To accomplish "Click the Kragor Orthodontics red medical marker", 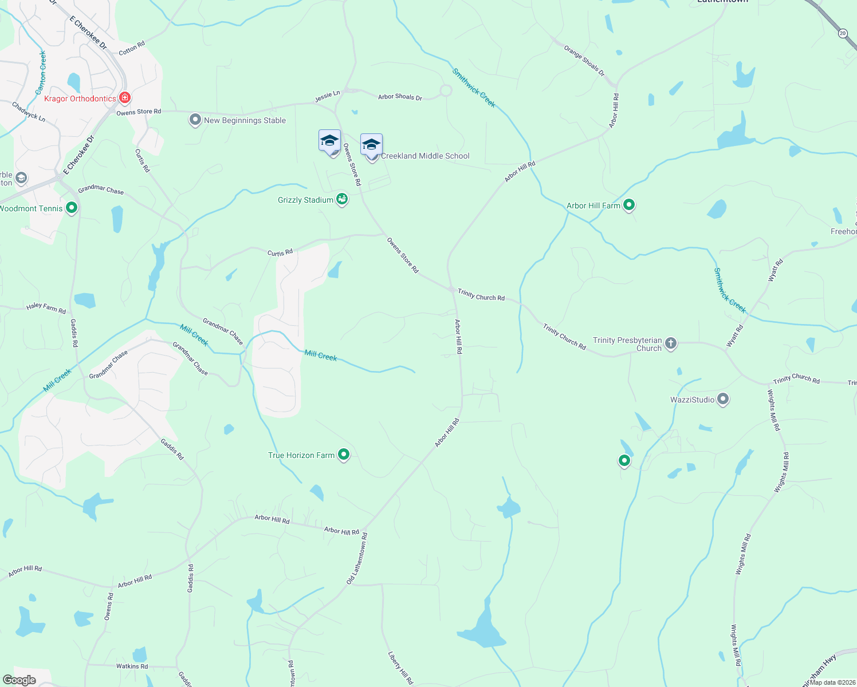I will pyautogui.click(x=124, y=98).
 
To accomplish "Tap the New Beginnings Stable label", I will pyautogui.click(x=245, y=120).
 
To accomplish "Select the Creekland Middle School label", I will pyautogui.click(x=425, y=156).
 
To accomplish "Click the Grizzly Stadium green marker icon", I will pyautogui.click(x=342, y=199).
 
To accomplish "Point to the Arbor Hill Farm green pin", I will pyautogui.click(x=629, y=204).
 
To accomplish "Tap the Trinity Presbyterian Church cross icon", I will pyautogui.click(x=671, y=343).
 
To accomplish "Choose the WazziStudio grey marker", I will pyautogui.click(x=723, y=399).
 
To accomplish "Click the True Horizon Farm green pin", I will pyautogui.click(x=344, y=455).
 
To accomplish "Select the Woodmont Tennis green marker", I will pyautogui.click(x=72, y=208).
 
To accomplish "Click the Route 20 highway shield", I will pyautogui.click(x=842, y=33).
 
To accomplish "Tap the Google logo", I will pyautogui.click(x=19, y=680).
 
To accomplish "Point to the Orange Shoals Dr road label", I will pyautogui.click(x=584, y=61).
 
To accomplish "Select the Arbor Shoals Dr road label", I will pyautogui.click(x=400, y=97).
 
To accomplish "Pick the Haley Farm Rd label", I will pyautogui.click(x=46, y=308).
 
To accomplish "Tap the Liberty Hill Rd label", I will pyautogui.click(x=400, y=668).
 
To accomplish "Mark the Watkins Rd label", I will pyautogui.click(x=132, y=666).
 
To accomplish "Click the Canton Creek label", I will pyautogui.click(x=41, y=73).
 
